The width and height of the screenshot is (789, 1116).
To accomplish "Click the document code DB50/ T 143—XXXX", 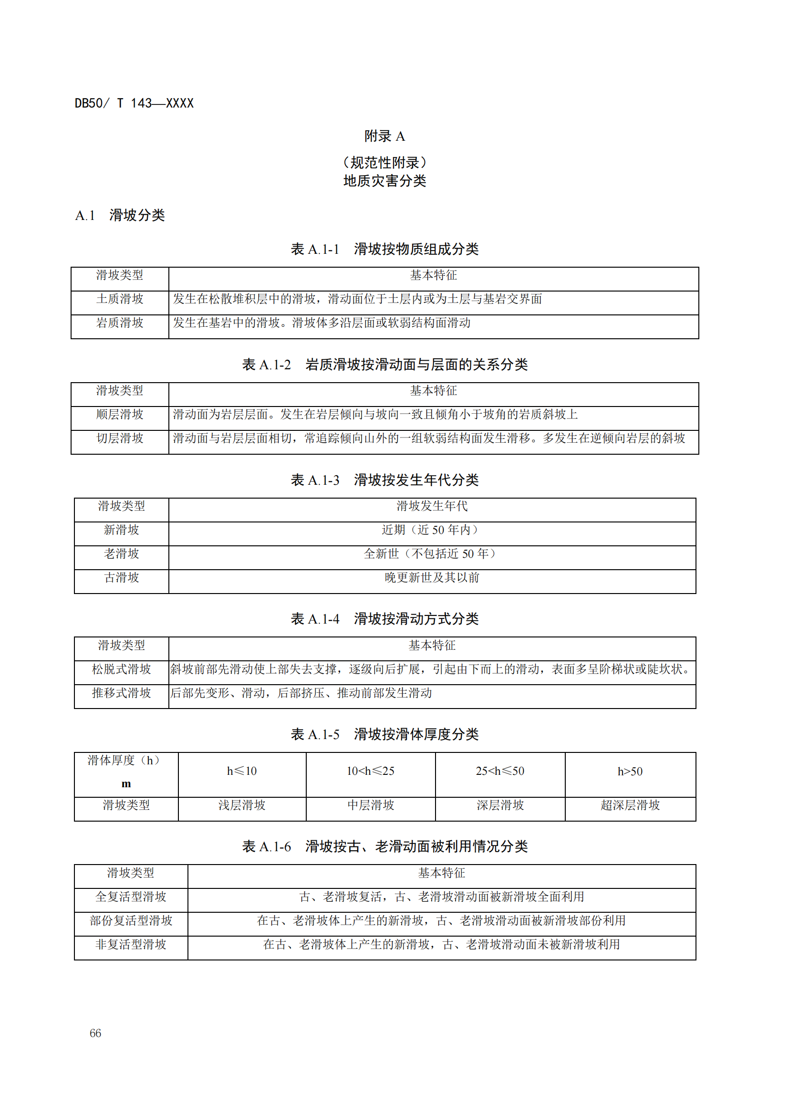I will (134, 103).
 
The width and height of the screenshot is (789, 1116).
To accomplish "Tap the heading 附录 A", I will (384, 136).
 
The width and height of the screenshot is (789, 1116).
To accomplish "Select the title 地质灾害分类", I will (384, 181).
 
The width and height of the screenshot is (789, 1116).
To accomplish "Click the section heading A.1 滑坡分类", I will (120, 215).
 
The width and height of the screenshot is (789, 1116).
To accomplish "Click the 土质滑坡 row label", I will (120, 299).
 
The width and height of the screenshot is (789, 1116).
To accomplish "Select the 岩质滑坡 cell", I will (120, 323).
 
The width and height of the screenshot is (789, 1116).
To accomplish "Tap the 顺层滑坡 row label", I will (120, 414).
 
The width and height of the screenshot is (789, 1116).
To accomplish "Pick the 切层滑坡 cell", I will (120, 438).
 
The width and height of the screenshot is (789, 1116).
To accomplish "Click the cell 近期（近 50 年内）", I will (431, 530).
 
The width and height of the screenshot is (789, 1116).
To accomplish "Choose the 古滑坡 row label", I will (122, 577).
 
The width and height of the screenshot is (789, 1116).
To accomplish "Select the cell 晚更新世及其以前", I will (431, 577).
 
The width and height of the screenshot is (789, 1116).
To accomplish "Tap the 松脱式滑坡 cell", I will (122, 669).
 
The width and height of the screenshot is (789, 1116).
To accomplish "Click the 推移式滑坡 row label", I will (122, 693).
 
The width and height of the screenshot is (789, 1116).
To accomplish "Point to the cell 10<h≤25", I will (370, 772).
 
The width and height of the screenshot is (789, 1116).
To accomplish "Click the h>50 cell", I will (630, 772).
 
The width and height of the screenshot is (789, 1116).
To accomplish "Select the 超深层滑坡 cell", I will (630, 805).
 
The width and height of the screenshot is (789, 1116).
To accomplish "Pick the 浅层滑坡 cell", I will (241, 805).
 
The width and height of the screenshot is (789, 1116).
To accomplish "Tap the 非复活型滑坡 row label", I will (131, 944).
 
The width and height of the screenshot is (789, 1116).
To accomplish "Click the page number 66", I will (95, 1033).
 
